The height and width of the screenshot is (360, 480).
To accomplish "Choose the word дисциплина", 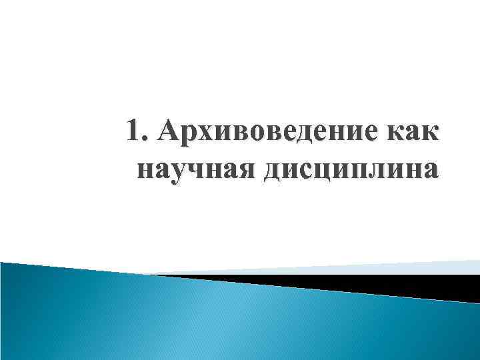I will pos(351,169).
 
